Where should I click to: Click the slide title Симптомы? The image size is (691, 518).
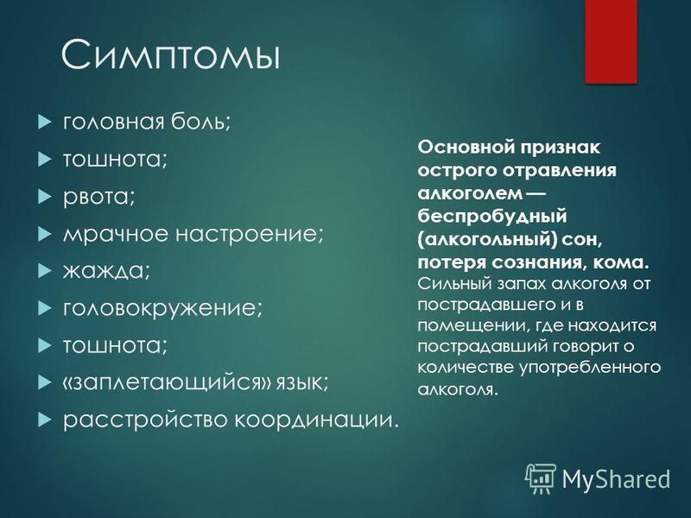(170, 54)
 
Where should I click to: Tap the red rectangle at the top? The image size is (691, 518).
(612, 41)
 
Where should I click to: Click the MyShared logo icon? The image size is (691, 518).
(540, 479)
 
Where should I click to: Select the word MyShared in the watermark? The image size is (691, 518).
(616, 479)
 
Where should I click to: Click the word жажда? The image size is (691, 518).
(106, 271)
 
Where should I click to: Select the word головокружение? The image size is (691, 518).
(162, 308)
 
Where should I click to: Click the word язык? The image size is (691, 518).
(302, 383)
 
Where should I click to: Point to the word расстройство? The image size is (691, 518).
(145, 420)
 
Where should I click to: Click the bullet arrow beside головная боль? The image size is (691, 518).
(45, 122)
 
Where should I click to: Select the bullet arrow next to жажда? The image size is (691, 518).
(45, 271)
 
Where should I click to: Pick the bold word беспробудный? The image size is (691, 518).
(492, 217)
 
